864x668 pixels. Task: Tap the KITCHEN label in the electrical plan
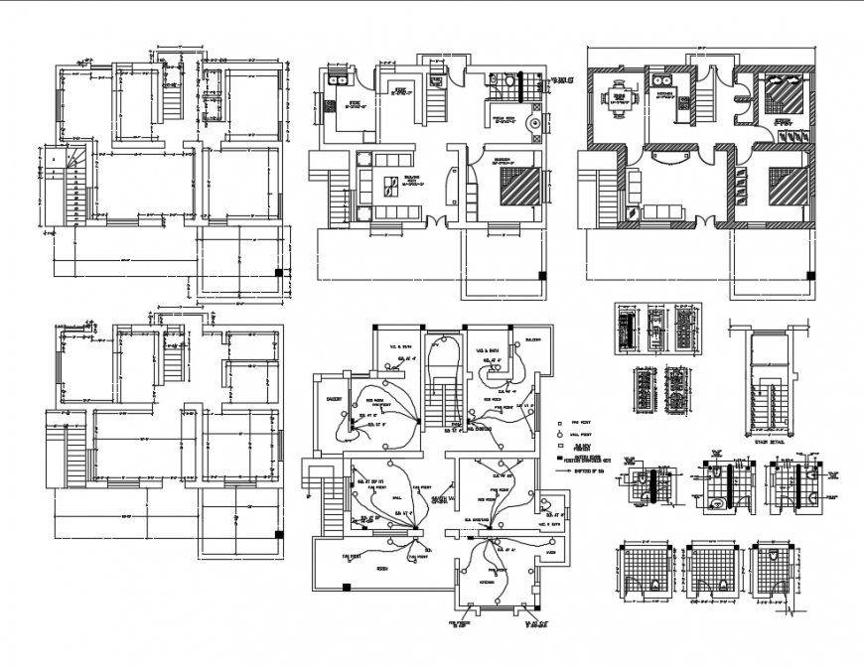[x=488, y=582]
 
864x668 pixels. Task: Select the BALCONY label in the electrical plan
[x=533, y=340]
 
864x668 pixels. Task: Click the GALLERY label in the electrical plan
[x=334, y=402]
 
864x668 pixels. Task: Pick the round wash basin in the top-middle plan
[x=536, y=124]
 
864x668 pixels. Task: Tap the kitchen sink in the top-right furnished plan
[x=662, y=77]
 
